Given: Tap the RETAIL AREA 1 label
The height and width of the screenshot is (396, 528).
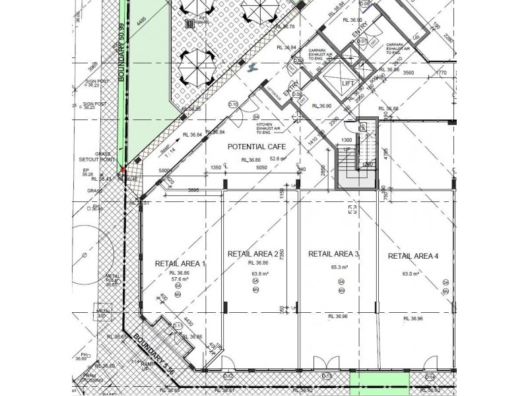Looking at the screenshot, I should [x=180, y=263].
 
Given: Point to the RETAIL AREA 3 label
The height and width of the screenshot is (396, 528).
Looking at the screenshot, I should [x=333, y=254].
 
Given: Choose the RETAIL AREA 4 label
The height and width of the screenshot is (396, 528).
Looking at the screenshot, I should [x=413, y=256].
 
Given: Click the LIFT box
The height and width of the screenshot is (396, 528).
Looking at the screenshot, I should [x=348, y=82].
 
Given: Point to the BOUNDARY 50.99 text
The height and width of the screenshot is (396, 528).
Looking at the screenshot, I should [x=121, y=60].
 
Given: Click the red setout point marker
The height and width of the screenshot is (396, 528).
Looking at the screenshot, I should [x=123, y=171].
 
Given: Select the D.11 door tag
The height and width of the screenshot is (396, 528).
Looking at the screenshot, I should [x=178, y=326].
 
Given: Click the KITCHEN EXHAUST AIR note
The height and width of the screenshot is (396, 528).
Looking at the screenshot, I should [x=269, y=127].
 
